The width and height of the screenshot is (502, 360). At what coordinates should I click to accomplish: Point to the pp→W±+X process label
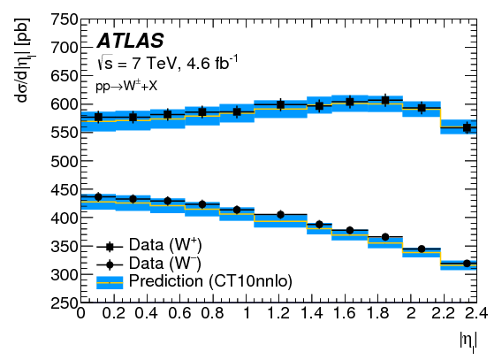pos(127,88)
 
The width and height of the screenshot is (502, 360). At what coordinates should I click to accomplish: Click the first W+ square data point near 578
pos(98,117)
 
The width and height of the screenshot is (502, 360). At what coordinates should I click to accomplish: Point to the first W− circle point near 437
pos(98,196)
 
